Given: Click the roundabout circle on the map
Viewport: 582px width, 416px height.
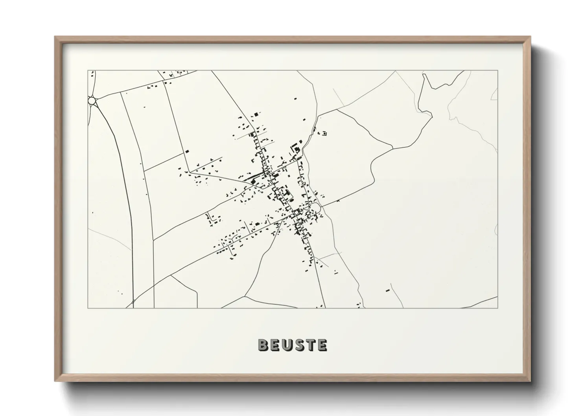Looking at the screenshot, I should tap(92, 101).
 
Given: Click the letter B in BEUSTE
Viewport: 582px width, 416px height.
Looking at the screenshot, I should tap(263, 345).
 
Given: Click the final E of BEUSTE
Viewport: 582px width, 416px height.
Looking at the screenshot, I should tap(322, 345).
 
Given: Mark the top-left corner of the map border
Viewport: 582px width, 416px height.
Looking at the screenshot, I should tap(88, 71).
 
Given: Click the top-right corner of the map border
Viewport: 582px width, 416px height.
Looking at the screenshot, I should tap(498, 71).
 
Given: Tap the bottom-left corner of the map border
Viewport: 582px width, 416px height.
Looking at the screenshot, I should tap(88, 308).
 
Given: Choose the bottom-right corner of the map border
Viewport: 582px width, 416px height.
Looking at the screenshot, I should tap(498, 308).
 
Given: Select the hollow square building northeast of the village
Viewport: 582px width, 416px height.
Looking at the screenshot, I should tap(324, 133).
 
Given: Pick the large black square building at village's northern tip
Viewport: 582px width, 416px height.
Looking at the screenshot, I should tap(256, 114).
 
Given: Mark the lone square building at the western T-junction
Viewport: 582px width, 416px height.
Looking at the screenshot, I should tap(188, 151).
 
